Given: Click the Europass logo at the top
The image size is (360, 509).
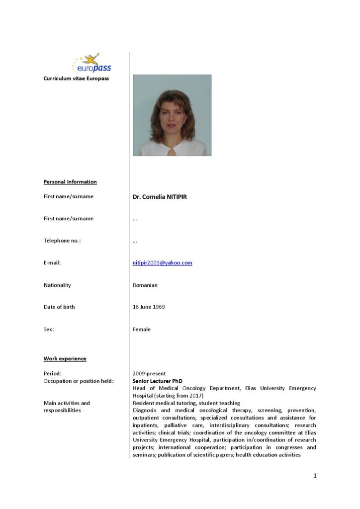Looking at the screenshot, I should tap(92, 64).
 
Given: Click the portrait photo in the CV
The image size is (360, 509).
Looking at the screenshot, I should tap(172, 115).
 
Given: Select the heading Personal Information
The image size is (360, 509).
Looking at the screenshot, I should tap(70, 182).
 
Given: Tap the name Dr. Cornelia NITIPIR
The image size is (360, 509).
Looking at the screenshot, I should tap(160, 197).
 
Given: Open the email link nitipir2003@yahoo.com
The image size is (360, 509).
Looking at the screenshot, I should tap(162, 263).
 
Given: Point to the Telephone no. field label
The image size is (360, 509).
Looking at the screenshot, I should tap(62, 241).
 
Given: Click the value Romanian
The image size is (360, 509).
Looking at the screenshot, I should tap(145, 285).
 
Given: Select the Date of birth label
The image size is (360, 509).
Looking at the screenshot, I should tap(59, 307).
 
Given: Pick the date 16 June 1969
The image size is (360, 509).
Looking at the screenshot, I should tap(149, 307).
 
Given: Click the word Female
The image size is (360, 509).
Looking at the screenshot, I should tap(142, 329).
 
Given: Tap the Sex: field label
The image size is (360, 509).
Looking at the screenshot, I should tap(49, 329).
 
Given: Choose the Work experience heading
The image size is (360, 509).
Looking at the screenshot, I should tap(65, 359).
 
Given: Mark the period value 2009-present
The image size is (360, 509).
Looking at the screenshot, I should tap(149, 373).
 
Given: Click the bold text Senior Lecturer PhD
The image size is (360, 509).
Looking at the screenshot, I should tap(157, 381).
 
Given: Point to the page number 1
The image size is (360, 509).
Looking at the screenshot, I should tap(315, 476).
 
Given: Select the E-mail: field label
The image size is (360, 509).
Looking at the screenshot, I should tap(52, 263).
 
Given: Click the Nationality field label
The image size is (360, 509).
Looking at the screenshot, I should tap(57, 285).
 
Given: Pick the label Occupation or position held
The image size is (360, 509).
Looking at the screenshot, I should tap(79, 381).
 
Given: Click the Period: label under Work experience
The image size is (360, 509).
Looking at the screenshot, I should tap(52, 373).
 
